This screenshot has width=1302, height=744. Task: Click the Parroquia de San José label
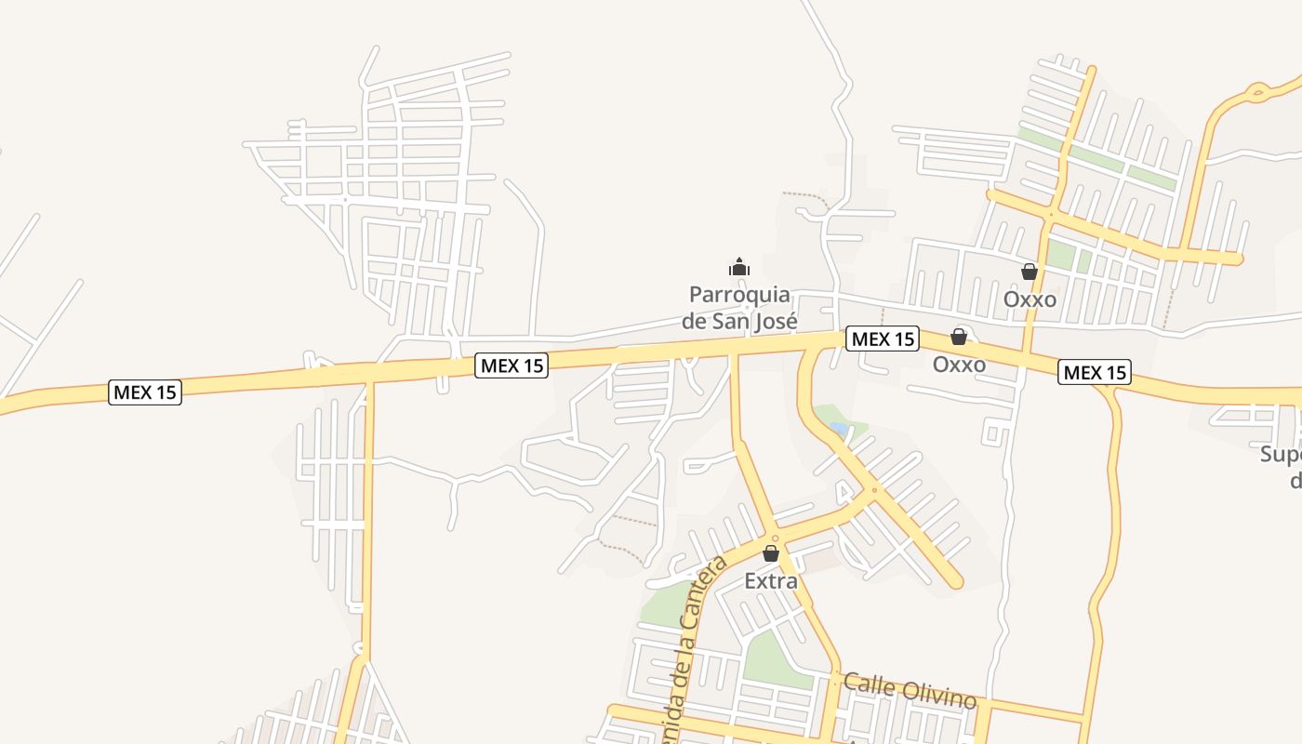739,308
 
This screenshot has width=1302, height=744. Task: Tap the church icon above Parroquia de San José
739,268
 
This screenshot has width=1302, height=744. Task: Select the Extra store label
771,581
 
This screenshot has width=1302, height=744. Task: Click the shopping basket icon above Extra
771,553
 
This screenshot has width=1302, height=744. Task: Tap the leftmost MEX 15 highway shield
145,392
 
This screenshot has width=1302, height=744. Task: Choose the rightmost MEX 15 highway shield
1095,373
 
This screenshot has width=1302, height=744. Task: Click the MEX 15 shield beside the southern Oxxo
883,339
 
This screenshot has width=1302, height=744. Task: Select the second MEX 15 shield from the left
511,365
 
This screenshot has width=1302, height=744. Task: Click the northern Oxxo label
1030,299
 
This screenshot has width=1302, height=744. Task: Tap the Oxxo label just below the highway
959,365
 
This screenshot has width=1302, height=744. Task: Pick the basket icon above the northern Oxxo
1030,272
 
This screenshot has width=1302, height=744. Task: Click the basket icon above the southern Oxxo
959,337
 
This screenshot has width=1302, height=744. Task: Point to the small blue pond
839,430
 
